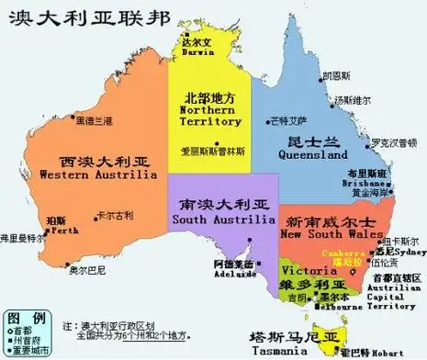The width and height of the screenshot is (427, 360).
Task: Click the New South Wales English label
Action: pos(331,235)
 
